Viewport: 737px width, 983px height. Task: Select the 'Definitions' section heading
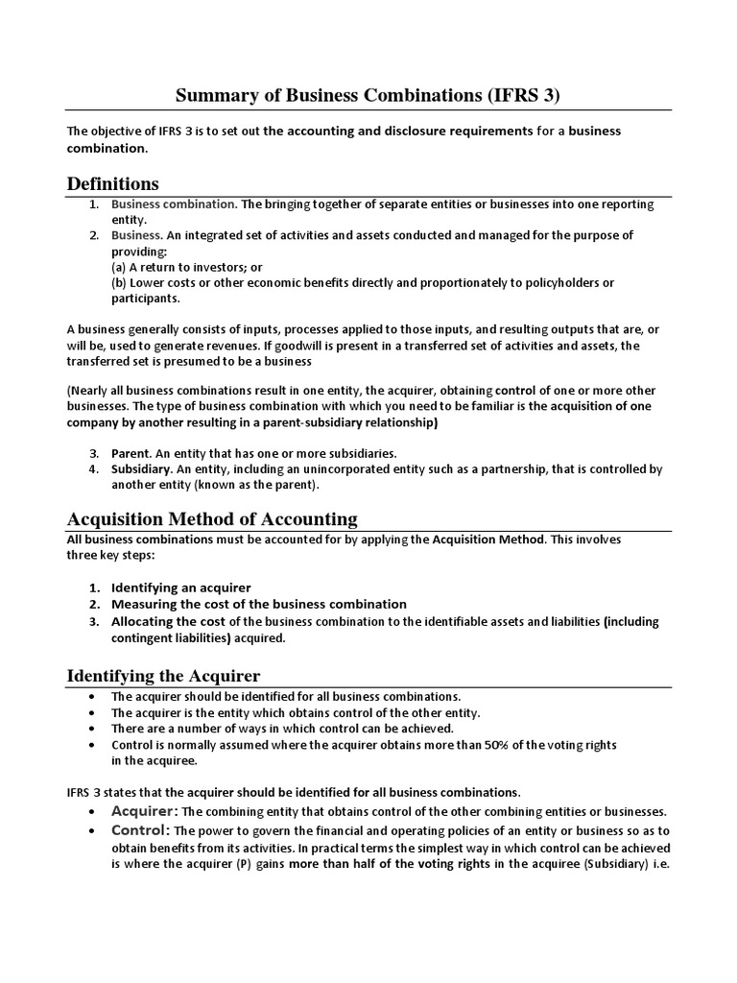coord(112,183)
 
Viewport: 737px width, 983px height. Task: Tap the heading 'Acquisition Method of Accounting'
coord(211,519)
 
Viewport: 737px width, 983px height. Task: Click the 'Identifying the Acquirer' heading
coord(163,676)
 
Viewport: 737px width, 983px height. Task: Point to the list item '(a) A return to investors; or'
coord(187,266)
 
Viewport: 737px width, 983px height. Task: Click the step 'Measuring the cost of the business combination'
coord(258,604)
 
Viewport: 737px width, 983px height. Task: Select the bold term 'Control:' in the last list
coord(140,829)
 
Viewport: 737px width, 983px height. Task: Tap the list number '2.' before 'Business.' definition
coord(95,235)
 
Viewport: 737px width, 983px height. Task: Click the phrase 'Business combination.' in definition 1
coord(174,204)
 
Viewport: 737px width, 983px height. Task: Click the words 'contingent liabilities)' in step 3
coord(173,637)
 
